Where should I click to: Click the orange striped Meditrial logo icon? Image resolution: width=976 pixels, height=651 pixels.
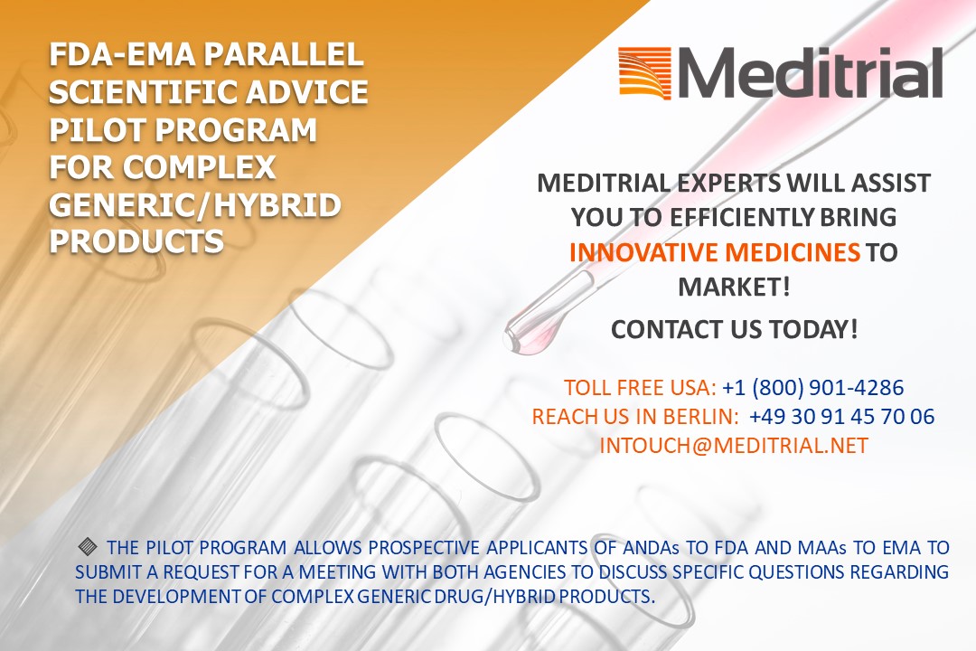(645, 73)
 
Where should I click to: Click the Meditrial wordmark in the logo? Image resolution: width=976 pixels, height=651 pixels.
(810, 72)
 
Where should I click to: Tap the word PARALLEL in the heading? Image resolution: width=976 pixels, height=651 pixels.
(284, 55)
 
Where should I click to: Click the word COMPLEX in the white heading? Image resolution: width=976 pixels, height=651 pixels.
(199, 167)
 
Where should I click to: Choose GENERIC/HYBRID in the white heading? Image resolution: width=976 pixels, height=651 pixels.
(195, 205)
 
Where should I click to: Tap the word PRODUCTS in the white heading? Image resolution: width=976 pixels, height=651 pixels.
(136, 241)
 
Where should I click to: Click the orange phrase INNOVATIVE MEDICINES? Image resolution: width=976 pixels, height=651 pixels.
(715, 252)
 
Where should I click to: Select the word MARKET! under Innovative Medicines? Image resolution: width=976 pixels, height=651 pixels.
(734, 288)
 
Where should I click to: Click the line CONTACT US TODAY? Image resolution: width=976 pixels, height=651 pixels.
(734, 329)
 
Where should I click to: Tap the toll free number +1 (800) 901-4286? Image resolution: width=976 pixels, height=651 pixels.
(813, 388)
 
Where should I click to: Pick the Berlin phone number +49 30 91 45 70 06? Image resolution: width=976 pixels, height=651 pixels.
(841, 416)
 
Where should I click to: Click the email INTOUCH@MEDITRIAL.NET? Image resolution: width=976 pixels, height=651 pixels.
(734, 446)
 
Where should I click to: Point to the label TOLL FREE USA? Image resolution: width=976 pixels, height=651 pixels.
(641, 388)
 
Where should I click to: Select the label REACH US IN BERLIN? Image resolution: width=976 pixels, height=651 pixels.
(635, 416)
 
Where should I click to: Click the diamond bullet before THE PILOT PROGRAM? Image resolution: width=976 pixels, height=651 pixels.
(88, 547)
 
